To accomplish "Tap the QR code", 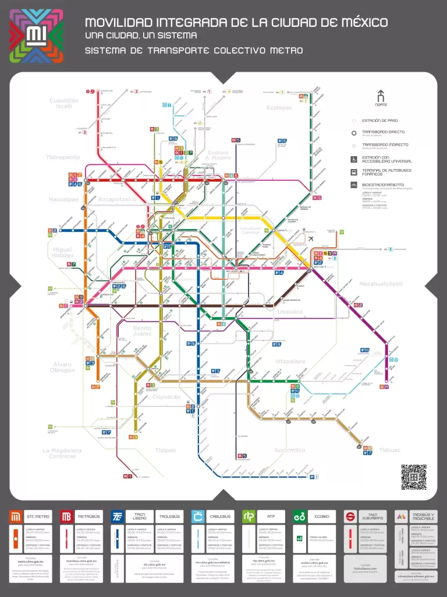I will [413, 477].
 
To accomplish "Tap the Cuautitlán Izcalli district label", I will [64, 103].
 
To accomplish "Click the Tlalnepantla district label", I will [63, 157].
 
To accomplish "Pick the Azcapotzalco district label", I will [117, 199].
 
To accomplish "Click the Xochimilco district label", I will [289, 450].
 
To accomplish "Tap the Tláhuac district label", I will [389, 449].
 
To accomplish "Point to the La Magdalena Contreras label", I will [62, 453].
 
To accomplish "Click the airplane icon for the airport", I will [311, 239].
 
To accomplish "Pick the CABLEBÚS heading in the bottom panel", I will [221, 517].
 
